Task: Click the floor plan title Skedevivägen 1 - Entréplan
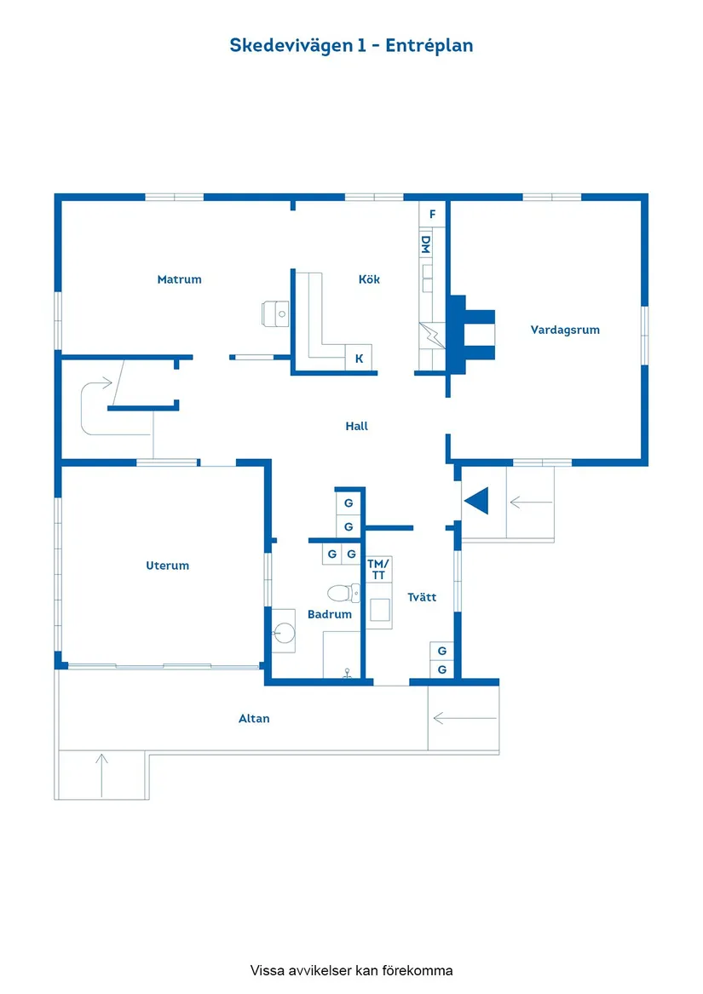tap(351, 45)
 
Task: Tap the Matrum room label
tap(179, 279)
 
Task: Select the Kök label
tap(369, 279)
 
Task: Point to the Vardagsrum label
tap(565, 330)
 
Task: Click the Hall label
tap(357, 426)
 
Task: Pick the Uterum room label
tap(167, 566)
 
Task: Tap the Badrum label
tap(330, 614)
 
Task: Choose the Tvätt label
tap(422, 597)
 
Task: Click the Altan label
tap(254, 719)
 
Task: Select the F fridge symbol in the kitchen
tap(433, 214)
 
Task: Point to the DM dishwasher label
tap(426, 244)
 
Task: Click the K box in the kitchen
tap(360, 359)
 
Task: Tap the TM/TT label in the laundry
tap(378, 569)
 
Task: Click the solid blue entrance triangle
tap(477, 501)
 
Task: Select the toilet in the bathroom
tap(343, 593)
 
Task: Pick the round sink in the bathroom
tap(283, 631)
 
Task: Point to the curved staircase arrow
tap(95, 400)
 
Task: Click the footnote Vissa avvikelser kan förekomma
tap(351, 970)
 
